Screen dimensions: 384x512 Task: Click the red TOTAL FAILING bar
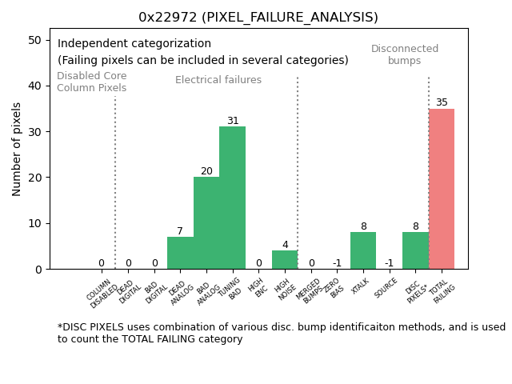coord(442,189)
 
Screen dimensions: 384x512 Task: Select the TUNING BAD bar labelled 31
coord(232,198)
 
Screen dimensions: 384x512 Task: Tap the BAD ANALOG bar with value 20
coord(206,222)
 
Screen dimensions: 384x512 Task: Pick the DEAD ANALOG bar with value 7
coord(180,253)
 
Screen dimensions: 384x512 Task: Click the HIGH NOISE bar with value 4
coord(285,260)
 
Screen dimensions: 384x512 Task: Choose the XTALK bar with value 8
coord(363,250)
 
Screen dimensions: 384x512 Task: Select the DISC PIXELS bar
coord(415,250)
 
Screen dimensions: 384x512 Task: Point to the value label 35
coord(442,102)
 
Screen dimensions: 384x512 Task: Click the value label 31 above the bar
coord(233,121)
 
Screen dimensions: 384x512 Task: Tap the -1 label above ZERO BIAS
coord(337,263)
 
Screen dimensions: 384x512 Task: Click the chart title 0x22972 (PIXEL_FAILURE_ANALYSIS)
coord(258,17)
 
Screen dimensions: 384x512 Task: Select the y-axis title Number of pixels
coord(17,149)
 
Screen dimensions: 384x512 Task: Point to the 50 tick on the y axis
coord(35,40)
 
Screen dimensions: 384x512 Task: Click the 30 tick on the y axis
coord(35,131)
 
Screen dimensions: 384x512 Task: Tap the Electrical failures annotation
coord(218,80)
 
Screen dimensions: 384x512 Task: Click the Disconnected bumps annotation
coord(405,54)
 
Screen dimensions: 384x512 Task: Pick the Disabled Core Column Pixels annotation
coord(91,82)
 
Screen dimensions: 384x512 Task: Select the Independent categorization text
coord(134,44)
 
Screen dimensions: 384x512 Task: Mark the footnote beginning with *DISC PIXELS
coord(281,333)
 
